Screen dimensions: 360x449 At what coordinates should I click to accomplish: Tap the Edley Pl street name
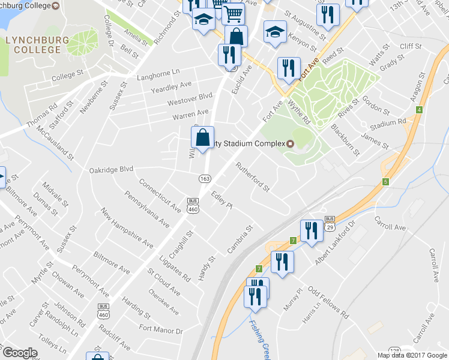click(221, 199)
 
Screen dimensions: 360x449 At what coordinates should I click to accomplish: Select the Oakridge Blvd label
click(111, 170)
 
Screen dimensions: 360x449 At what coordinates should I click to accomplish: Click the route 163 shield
click(205, 178)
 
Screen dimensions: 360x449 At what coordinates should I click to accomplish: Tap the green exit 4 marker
click(419, 110)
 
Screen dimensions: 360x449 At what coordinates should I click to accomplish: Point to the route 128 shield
click(394, 350)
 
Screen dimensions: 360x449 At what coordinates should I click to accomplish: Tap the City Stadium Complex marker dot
click(290, 143)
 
